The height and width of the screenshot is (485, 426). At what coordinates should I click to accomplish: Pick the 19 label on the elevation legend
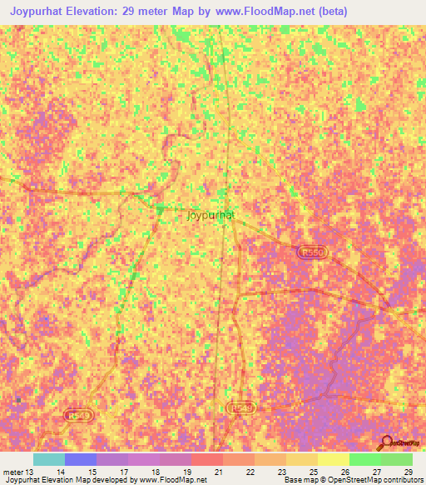coord(187,472)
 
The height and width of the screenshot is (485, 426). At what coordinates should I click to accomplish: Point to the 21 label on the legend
coord(219,472)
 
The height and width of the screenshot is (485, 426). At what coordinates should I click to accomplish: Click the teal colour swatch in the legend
coord(48,459)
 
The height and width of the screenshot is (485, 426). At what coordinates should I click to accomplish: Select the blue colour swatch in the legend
coord(81,459)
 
